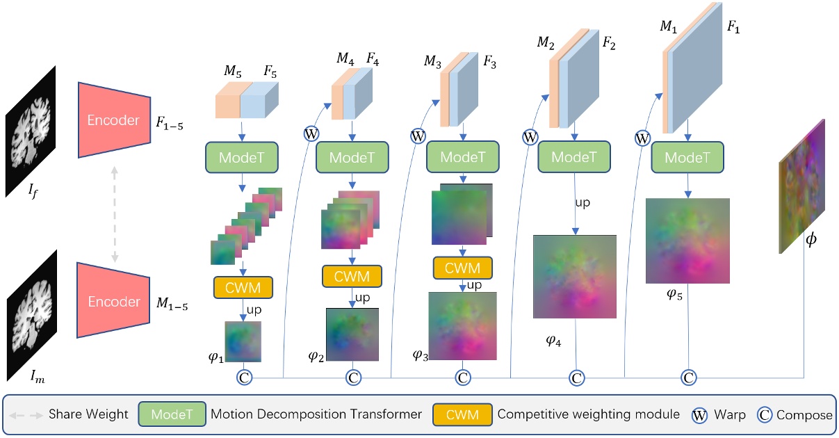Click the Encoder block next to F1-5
coord(114,120)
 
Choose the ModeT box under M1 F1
coord(687,158)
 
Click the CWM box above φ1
coord(243,286)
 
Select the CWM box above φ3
coord(462,268)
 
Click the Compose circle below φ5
coord(688,378)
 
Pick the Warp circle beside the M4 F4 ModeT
coord(310,133)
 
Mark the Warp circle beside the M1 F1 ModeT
coord(643,138)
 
